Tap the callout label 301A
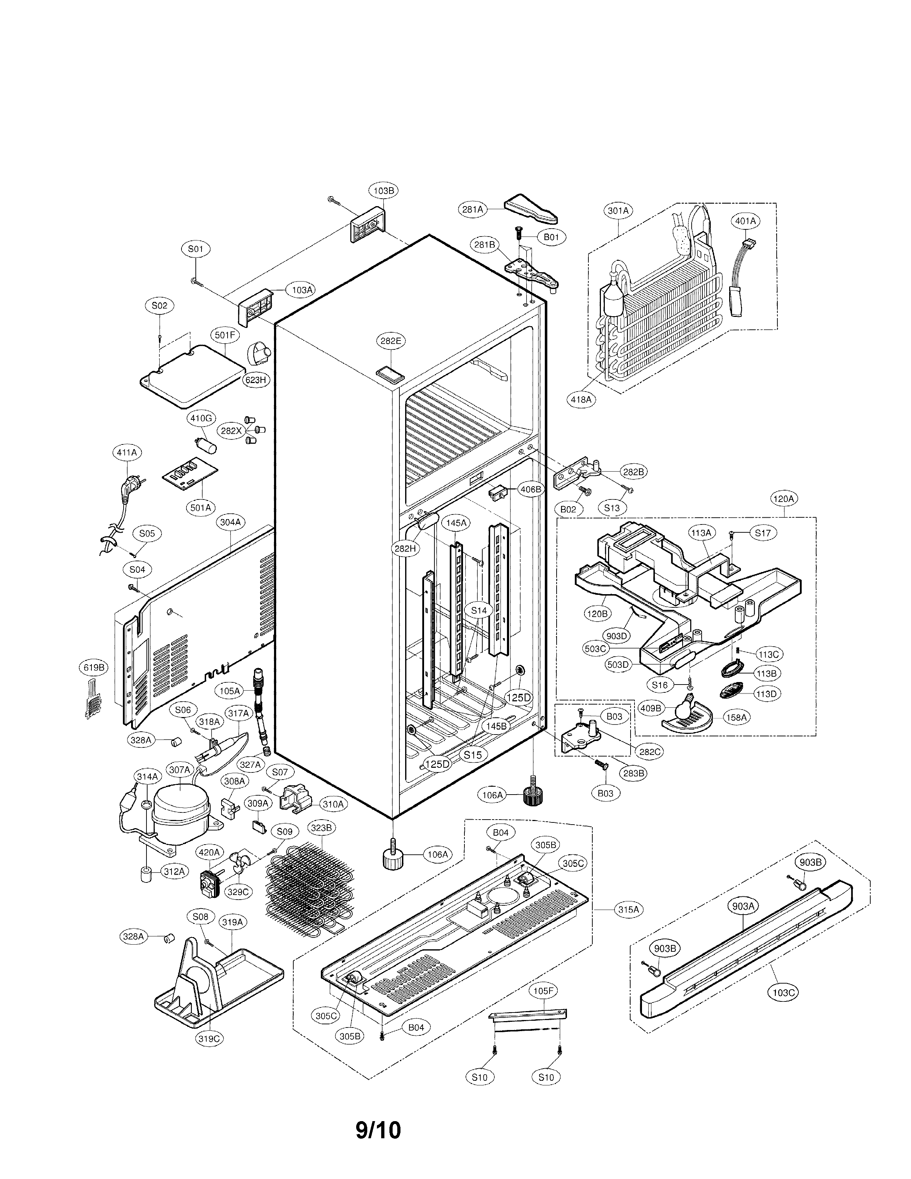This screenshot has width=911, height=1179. [x=618, y=211]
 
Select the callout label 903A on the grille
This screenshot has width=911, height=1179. [x=743, y=906]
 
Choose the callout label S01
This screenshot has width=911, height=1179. [x=195, y=249]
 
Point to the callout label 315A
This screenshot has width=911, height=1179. [x=628, y=910]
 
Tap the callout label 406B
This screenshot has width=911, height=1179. [x=531, y=489]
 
